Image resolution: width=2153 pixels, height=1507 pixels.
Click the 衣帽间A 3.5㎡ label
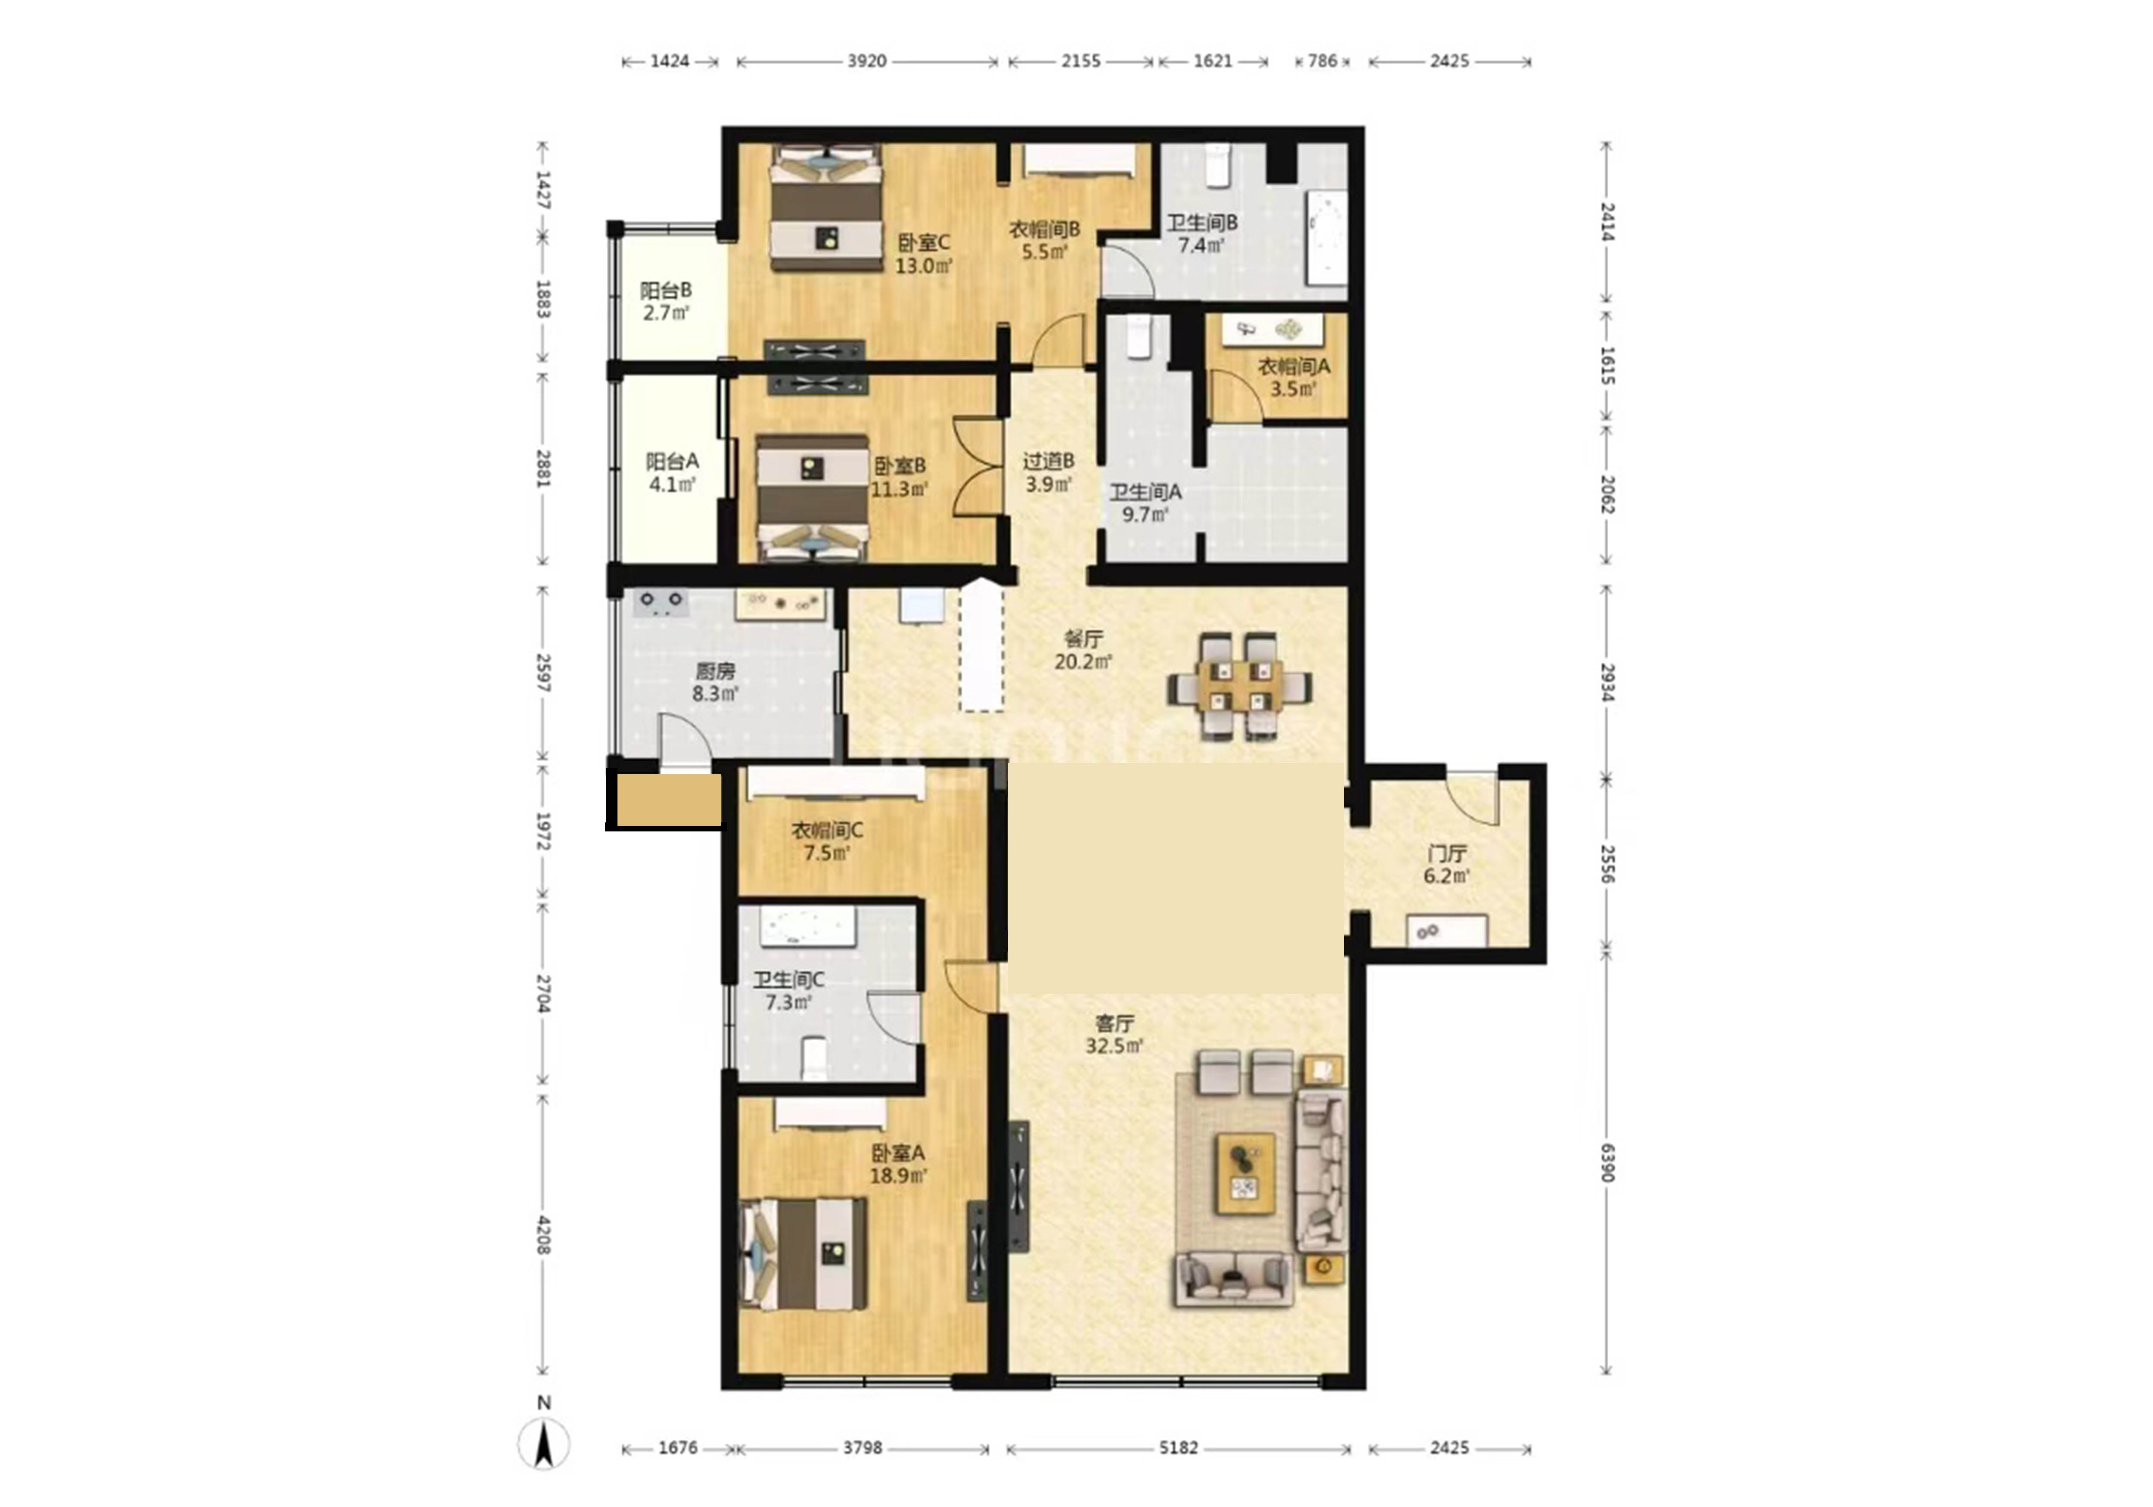(x=1293, y=377)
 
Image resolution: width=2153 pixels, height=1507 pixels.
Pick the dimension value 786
(x=1322, y=61)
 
